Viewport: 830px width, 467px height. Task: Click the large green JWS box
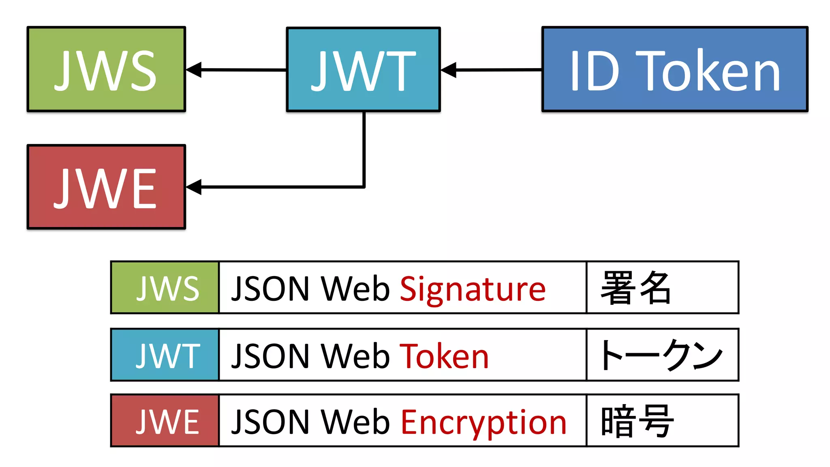point(106,69)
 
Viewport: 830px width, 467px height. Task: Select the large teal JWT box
point(363,69)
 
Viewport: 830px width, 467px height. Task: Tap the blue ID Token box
point(675,69)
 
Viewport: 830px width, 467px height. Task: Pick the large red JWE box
point(106,187)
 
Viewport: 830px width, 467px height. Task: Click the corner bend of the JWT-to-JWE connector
point(364,186)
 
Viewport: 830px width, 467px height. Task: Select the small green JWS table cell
point(165,287)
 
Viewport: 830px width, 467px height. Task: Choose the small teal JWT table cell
point(165,355)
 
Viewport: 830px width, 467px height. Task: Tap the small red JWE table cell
point(165,421)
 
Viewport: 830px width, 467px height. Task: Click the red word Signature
point(473,289)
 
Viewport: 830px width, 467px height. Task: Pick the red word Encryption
point(483,422)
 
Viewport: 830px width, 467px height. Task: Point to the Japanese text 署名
point(635,288)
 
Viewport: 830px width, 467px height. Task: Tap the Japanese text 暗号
point(636,422)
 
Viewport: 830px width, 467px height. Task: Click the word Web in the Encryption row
point(355,422)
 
